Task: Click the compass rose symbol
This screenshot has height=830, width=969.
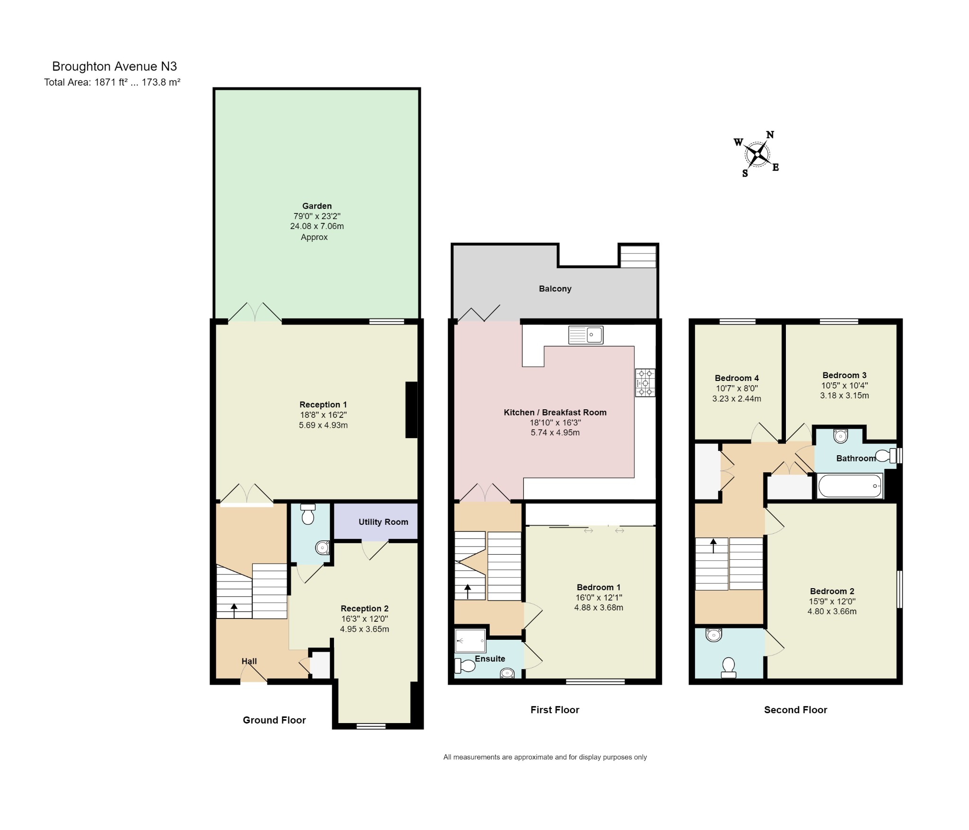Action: (758, 154)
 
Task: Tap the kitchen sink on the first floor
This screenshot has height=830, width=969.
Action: (586, 335)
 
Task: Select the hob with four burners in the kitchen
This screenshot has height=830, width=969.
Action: (645, 382)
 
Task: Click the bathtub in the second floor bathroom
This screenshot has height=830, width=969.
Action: (850, 486)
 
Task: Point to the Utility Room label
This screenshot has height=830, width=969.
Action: (383, 522)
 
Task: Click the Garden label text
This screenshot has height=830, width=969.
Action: (317, 206)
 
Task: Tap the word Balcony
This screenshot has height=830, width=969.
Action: (555, 289)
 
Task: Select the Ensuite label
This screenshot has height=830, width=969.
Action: (490, 659)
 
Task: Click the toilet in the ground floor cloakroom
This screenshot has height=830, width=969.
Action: (308, 514)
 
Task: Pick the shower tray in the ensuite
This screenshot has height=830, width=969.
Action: (470, 641)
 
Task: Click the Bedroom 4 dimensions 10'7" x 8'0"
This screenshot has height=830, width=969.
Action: (737, 388)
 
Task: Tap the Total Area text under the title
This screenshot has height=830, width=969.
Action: (112, 82)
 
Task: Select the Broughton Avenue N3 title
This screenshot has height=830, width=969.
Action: (115, 66)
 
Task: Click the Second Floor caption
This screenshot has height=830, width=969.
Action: (795, 710)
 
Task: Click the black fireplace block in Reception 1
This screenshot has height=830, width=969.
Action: (412, 410)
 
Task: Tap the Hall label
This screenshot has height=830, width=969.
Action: (249, 661)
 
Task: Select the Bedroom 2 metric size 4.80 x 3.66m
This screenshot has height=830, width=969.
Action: (832, 611)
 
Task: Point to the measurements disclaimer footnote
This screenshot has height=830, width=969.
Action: (545, 757)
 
